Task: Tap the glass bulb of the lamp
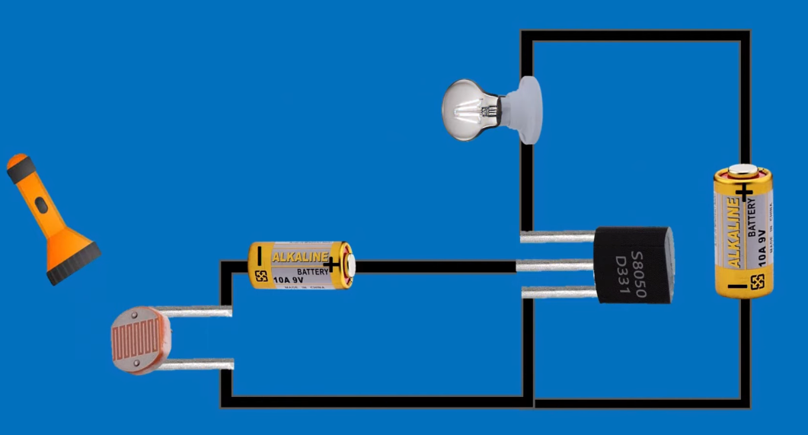(x=468, y=110)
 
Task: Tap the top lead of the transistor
(x=556, y=237)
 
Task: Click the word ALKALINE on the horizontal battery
(x=300, y=256)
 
